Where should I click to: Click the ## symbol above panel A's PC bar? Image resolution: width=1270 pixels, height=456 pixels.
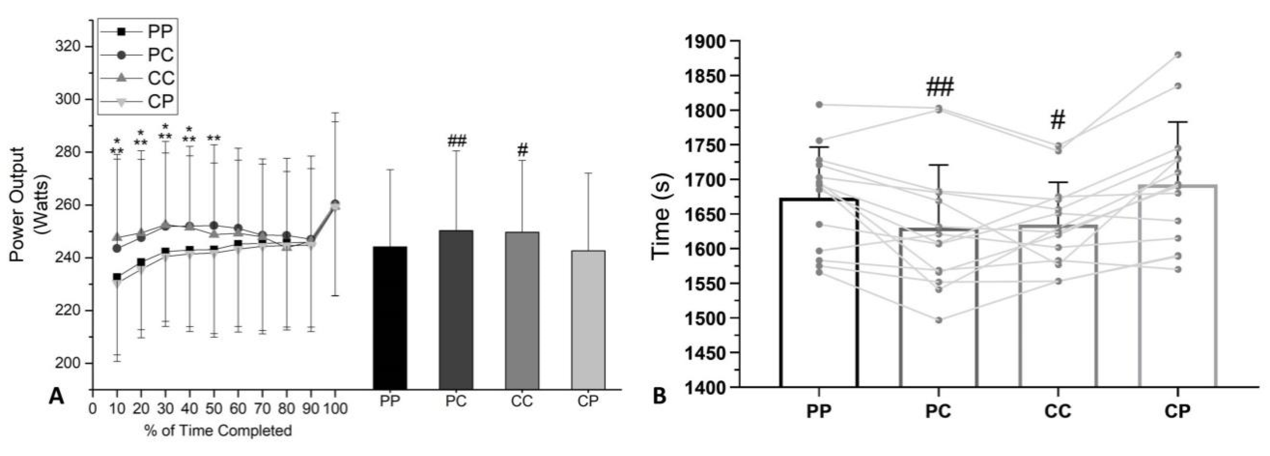(456, 142)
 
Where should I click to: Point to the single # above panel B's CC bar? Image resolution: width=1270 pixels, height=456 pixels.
(1058, 120)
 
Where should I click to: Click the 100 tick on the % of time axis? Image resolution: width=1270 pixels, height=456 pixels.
(335, 409)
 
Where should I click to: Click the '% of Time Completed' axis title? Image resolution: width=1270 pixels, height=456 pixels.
(218, 431)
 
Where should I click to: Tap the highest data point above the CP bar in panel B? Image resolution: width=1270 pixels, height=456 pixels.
(1178, 55)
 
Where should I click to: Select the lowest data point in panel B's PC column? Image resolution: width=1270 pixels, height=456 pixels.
(939, 320)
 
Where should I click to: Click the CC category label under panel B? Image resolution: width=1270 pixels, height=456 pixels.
(1058, 411)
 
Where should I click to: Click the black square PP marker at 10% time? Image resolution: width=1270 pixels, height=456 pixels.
(117, 277)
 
